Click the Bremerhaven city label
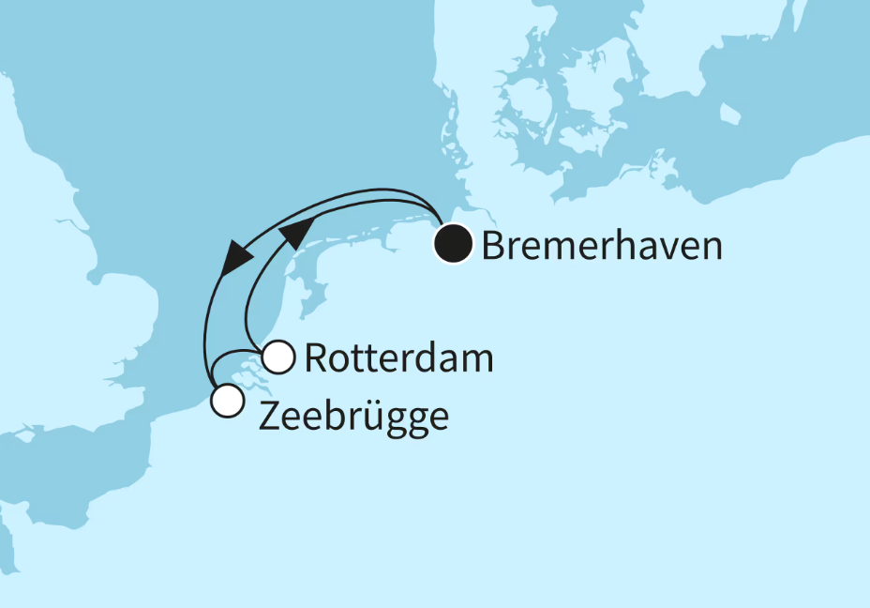[601, 246]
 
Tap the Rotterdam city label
[398, 358]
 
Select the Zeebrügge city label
[352, 417]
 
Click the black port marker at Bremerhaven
[453, 245]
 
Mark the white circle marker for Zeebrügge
[228, 401]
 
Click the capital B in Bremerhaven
[493, 246]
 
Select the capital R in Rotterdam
[316, 358]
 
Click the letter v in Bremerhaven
[673, 248]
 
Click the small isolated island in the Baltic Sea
[729, 114]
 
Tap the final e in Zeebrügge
[436, 418]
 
